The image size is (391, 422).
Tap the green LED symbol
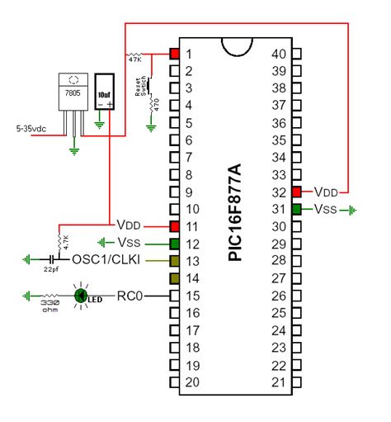point(82,295)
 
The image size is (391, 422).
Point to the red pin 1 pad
point(174,54)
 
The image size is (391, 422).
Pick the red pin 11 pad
point(174,225)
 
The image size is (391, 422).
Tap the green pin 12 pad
point(174,243)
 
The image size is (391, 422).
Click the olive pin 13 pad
point(174,260)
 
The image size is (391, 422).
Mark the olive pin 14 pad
point(174,277)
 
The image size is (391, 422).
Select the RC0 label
point(131,295)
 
